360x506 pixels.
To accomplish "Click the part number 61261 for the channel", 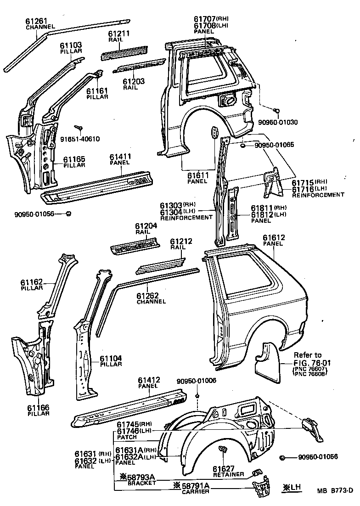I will click(x=37, y=21).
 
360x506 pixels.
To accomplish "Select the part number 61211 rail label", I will click(x=119, y=34).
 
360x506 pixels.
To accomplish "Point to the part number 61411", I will click(x=121, y=157).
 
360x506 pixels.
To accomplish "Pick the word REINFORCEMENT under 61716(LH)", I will click(x=318, y=195).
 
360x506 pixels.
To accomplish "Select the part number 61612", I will click(x=274, y=237).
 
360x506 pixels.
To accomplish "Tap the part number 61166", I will click(x=38, y=407).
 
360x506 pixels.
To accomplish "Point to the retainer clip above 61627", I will click(x=224, y=450).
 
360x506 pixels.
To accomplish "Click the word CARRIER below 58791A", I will click(x=196, y=492).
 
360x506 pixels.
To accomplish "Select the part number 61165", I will click(x=74, y=159).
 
